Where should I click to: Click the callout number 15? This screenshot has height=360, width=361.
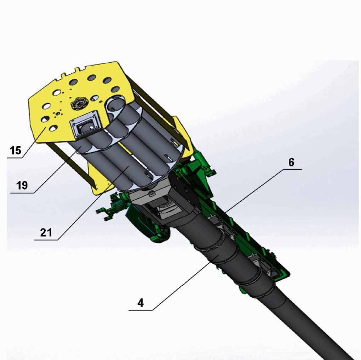15,150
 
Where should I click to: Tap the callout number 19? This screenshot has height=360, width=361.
22,185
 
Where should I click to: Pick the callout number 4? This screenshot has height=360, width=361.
141,303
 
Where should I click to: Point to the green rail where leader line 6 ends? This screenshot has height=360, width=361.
227,212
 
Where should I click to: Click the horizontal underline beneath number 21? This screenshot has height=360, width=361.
46,240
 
